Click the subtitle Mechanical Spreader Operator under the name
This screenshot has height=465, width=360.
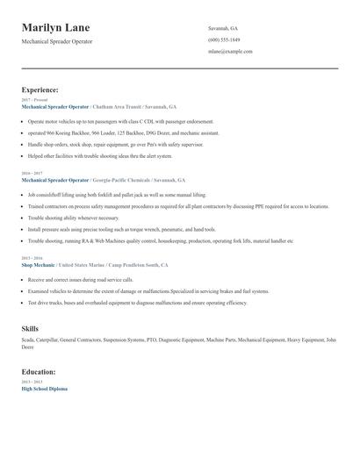(57, 41)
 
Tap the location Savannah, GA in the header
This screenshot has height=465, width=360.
(223, 29)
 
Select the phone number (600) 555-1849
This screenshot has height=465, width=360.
(225, 40)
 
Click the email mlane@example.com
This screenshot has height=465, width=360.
(230, 52)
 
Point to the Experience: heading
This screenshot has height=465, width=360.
(40, 89)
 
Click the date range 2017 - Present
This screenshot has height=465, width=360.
(34, 100)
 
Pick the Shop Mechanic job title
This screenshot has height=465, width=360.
(38, 264)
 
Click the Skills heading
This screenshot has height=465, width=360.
(30, 328)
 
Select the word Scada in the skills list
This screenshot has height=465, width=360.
(27, 339)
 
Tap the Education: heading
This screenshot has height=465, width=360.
(39, 371)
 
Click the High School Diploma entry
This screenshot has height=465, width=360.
(44, 388)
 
